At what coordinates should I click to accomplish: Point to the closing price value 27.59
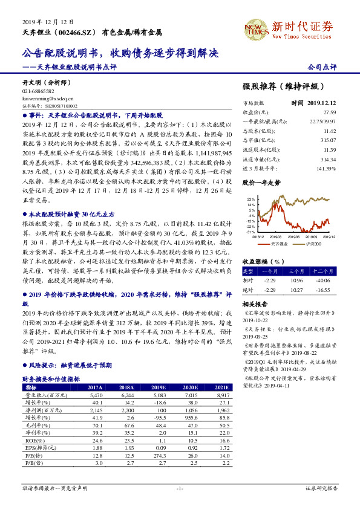pos(329,112)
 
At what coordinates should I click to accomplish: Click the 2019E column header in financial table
pos(159,387)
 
